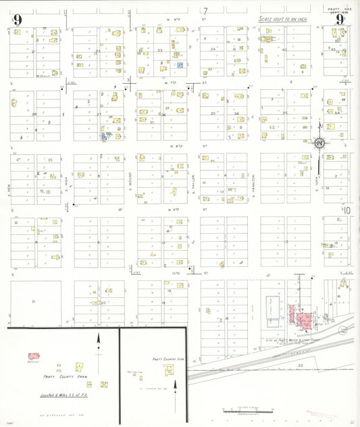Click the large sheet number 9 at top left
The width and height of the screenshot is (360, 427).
(x=17, y=20)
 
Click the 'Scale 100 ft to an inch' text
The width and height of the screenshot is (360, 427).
(x=284, y=20)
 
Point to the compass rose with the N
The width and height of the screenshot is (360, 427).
(x=317, y=143)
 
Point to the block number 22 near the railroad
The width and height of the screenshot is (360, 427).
(x=300, y=365)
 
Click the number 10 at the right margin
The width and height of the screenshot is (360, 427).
(x=347, y=210)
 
